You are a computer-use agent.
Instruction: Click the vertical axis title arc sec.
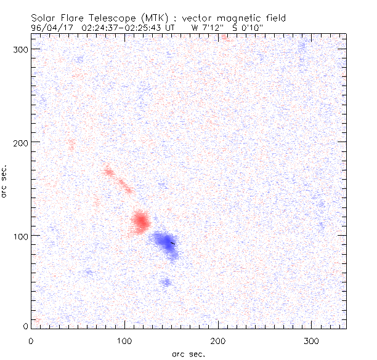tap(6, 182)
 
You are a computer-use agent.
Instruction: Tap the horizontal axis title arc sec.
tap(188, 353)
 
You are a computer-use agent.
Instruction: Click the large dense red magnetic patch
tap(141, 221)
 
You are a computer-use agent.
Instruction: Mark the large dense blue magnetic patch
tap(165, 241)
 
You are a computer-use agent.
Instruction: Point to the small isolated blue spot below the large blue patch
tap(166, 282)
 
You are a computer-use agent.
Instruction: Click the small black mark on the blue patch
tap(172, 243)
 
